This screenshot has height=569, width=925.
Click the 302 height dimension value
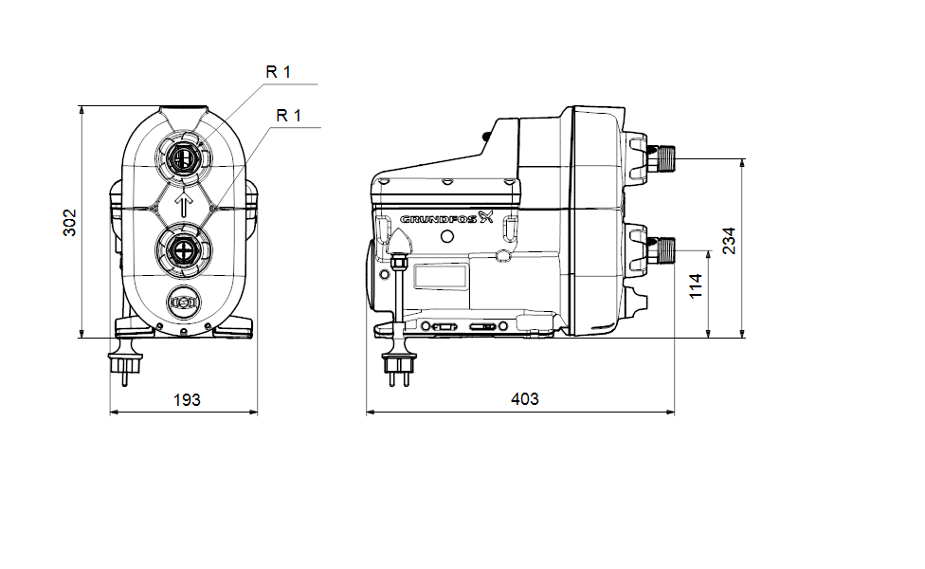[70, 222]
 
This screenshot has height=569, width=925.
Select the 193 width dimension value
[187, 399]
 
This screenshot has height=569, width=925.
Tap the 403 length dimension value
[524, 399]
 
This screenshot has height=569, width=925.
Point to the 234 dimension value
[728, 242]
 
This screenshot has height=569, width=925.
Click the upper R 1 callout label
[280, 72]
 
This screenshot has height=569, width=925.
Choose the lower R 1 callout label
[288, 116]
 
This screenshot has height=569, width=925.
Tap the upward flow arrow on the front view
[184, 203]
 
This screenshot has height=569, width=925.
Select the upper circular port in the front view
[184, 156]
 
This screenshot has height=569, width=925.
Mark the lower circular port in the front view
[184, 250]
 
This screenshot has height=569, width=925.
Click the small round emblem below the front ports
[184, 303]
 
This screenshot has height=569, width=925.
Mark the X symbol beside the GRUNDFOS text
[487, 218]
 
